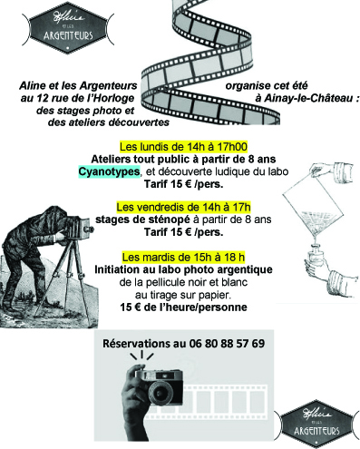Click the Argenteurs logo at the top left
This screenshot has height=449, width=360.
[68, 28]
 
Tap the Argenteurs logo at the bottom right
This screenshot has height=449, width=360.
[316, 424]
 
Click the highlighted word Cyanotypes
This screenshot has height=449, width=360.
[109, 171]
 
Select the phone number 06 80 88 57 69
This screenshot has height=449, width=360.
[227, 344]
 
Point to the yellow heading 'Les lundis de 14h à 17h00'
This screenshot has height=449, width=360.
[183, 147]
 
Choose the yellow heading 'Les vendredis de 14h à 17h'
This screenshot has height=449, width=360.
[183, 208]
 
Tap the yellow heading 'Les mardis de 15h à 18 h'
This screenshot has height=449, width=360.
[183, 258]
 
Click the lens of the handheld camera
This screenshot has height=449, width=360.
[160, 392]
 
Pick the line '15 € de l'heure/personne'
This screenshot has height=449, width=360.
[183, 307]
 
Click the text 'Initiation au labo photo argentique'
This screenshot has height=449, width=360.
[183, 269]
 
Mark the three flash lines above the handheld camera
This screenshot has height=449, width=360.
[141, 356]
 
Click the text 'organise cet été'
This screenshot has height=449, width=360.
[267, 86]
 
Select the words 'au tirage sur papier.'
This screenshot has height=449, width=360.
[183, 295]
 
